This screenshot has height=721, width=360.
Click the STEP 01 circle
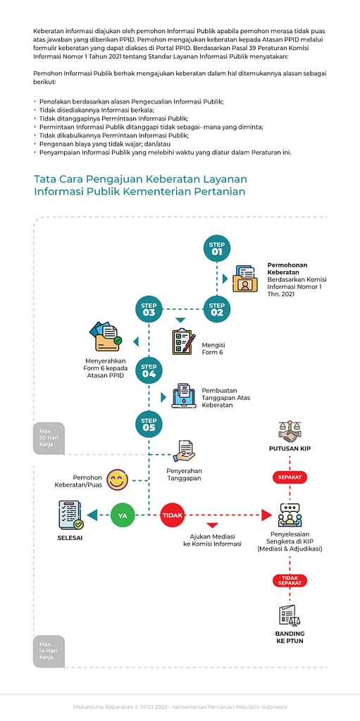[x=217, y=249]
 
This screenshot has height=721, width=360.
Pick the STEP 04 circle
[x=149, y=370]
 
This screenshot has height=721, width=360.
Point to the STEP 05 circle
[x=149, y=424]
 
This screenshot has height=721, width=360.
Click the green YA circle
[x=123, y=515]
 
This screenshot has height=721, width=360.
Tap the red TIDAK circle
[x=172, y=515]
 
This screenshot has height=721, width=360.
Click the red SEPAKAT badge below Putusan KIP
[x=290, y=477]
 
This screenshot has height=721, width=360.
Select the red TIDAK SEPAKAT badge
[x=290, y=580]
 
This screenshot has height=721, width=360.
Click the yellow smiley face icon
[x=118, y=480]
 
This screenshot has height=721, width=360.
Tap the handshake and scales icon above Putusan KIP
[x=290, y=432]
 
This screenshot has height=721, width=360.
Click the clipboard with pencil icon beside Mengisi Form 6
[x=182, y=341]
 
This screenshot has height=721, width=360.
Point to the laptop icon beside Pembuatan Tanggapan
[x=184, y=396]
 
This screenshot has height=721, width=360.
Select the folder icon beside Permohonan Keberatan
[x=245, y=279]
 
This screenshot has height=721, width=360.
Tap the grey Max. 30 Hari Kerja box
[x=49, y=438]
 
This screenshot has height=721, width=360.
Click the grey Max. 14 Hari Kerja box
[x=49, y=651]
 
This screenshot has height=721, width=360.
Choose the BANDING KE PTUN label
[x=290, y=637]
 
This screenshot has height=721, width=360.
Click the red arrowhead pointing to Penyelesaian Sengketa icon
[x=266, y=515]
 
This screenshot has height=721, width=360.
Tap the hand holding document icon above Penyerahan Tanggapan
[x=184, y=451]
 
